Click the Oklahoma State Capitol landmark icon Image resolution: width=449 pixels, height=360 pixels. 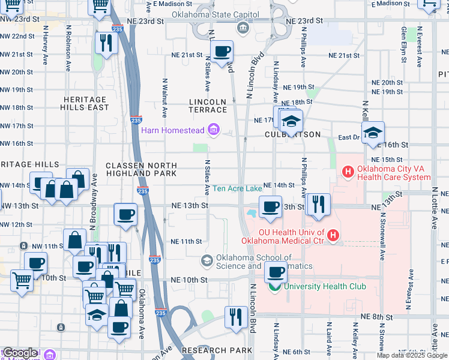[x=242, y=26]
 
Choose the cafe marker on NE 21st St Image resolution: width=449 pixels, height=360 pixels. [x=221, y=52]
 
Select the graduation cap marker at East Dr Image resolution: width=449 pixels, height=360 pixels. [x=372, y=132]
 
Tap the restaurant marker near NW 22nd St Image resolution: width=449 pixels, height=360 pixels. [x=106, y=41]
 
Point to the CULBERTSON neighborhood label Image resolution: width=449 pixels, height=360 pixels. [x=289, y=135]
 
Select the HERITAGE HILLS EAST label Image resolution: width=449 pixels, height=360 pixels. [x=85, y=103]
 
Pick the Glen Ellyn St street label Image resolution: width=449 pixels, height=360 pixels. [x=404, y=41]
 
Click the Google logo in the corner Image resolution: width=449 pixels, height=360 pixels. [x=20, y=353]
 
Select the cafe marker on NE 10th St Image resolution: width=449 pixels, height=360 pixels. [x=276, y=272]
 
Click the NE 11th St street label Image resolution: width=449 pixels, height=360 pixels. [x=186, y=241]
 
